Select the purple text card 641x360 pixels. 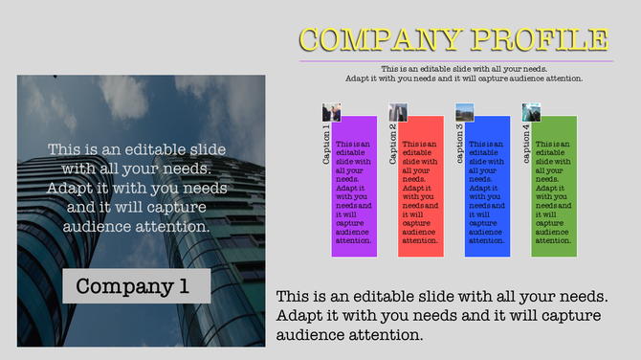(x=354, y=187)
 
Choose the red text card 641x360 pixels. (x=420, y=187)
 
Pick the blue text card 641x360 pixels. (x=487, y=187)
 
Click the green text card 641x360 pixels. (x=554, y=187)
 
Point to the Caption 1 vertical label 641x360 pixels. (x=327, y=145)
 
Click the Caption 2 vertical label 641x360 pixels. (x=393, y=145)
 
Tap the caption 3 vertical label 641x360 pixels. (x=460, y=145)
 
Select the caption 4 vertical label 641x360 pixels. (x=526, y=145)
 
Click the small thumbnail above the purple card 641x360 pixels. (x=331, y=111)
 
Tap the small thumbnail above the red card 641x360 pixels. (x=398, y=111)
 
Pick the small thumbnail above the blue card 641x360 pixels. (x=464, y=111)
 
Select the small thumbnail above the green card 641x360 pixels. (x=531, y=111)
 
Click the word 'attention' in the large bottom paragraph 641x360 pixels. (x=383, y=335)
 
